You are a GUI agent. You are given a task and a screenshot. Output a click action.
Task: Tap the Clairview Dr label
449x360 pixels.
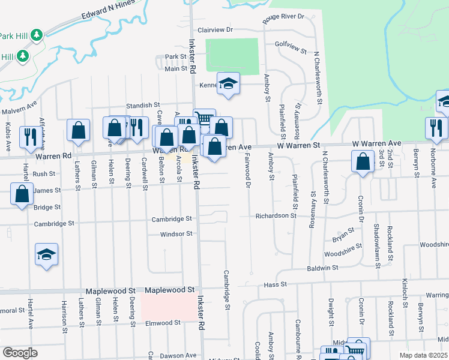click(x=214, y=29)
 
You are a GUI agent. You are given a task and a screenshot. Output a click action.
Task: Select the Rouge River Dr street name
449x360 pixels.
click(x=284, y=18)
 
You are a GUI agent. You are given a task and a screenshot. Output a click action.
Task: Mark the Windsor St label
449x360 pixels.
click(x=176, y=233)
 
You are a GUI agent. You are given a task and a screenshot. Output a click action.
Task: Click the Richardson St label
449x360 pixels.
click(x=276, y=215)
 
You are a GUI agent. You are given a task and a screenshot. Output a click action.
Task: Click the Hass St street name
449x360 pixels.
click(x=276, y=284)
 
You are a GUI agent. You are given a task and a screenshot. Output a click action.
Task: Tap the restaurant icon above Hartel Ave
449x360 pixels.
click(x=28, y=136)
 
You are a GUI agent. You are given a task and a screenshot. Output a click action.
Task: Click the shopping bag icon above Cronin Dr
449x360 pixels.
click(x=363, y=161)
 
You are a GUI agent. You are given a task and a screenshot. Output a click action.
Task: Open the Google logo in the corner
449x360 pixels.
click(x=20, y=353)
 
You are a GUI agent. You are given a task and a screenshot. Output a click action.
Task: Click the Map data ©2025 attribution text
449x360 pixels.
click(x=423, y=355)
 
